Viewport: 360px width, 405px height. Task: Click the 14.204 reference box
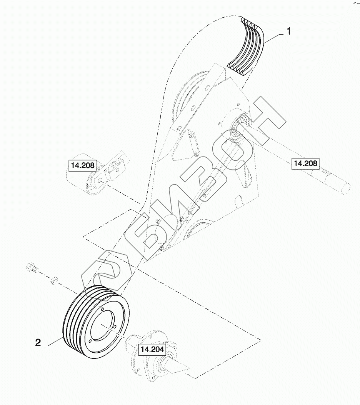(x=152, y=350)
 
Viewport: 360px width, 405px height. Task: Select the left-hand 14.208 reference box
(x=82, y=166)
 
